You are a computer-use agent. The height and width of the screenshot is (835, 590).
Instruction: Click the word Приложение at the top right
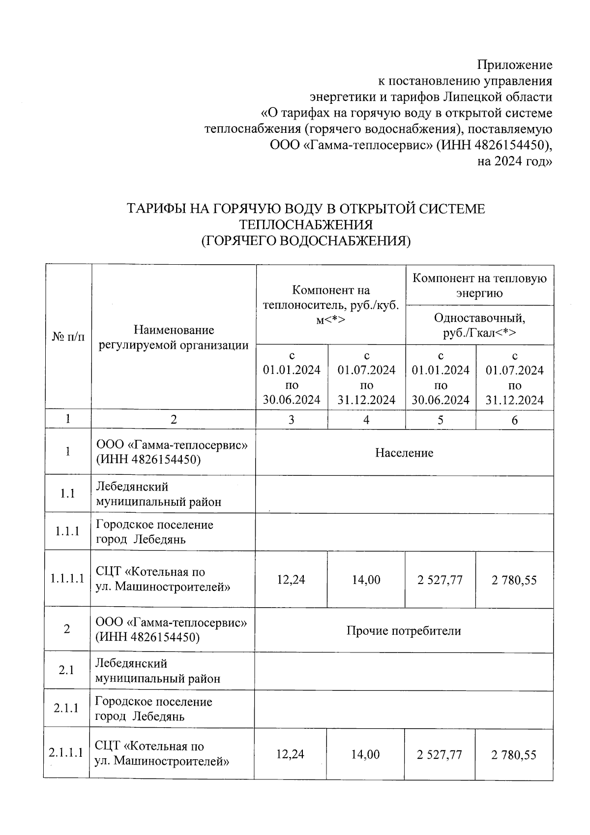click(514, 65)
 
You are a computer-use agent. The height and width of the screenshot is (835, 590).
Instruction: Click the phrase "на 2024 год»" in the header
click(515, 161)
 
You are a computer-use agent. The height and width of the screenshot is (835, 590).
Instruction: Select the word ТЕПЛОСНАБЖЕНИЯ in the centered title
click(305, 225)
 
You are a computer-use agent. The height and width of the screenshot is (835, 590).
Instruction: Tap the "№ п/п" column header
click(68, 337)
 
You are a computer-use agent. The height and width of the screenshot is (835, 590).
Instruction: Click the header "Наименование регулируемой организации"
click(174, 337)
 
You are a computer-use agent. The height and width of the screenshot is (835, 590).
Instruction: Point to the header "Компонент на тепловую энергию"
click(479, 286)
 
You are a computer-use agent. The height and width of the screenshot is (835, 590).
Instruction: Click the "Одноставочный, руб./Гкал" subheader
click(479, 325)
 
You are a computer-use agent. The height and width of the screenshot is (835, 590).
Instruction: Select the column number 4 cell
click(366, 420)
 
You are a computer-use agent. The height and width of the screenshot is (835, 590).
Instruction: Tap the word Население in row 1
click(404, 453)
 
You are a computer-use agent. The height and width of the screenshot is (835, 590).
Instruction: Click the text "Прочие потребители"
click(404, 631)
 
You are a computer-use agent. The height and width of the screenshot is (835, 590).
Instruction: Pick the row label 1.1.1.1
click(67, 579)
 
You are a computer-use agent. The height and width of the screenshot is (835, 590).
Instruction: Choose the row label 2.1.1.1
click(66, 753)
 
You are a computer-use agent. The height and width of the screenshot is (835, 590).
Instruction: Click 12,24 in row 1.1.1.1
click(291, 580)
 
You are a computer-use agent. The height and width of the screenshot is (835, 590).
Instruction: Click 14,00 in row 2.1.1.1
click(365, 754)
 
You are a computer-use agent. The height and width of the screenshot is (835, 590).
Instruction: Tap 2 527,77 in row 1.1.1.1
click(440, 580)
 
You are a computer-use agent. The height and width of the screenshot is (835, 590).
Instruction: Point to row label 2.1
click(66, 670)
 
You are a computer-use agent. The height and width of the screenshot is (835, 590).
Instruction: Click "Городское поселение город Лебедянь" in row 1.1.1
click(154, 531)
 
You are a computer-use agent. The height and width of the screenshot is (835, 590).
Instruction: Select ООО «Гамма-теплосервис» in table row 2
click(171, 623)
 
